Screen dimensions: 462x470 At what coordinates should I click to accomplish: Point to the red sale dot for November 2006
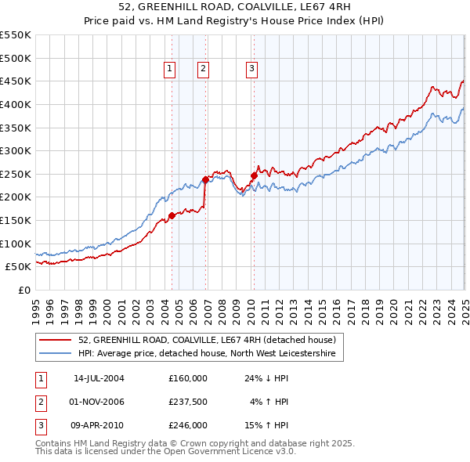coord(205,179)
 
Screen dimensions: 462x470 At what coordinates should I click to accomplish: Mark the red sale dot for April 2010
coord(254,175)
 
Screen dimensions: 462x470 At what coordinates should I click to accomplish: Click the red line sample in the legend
coord(56,340)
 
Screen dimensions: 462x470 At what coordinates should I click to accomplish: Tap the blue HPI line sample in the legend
coord(56,354)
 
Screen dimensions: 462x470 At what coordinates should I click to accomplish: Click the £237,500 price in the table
coord(188,402)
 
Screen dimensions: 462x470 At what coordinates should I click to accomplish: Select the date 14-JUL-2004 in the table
coord(99,378)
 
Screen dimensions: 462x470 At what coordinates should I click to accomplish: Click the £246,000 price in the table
coord(188,425)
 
